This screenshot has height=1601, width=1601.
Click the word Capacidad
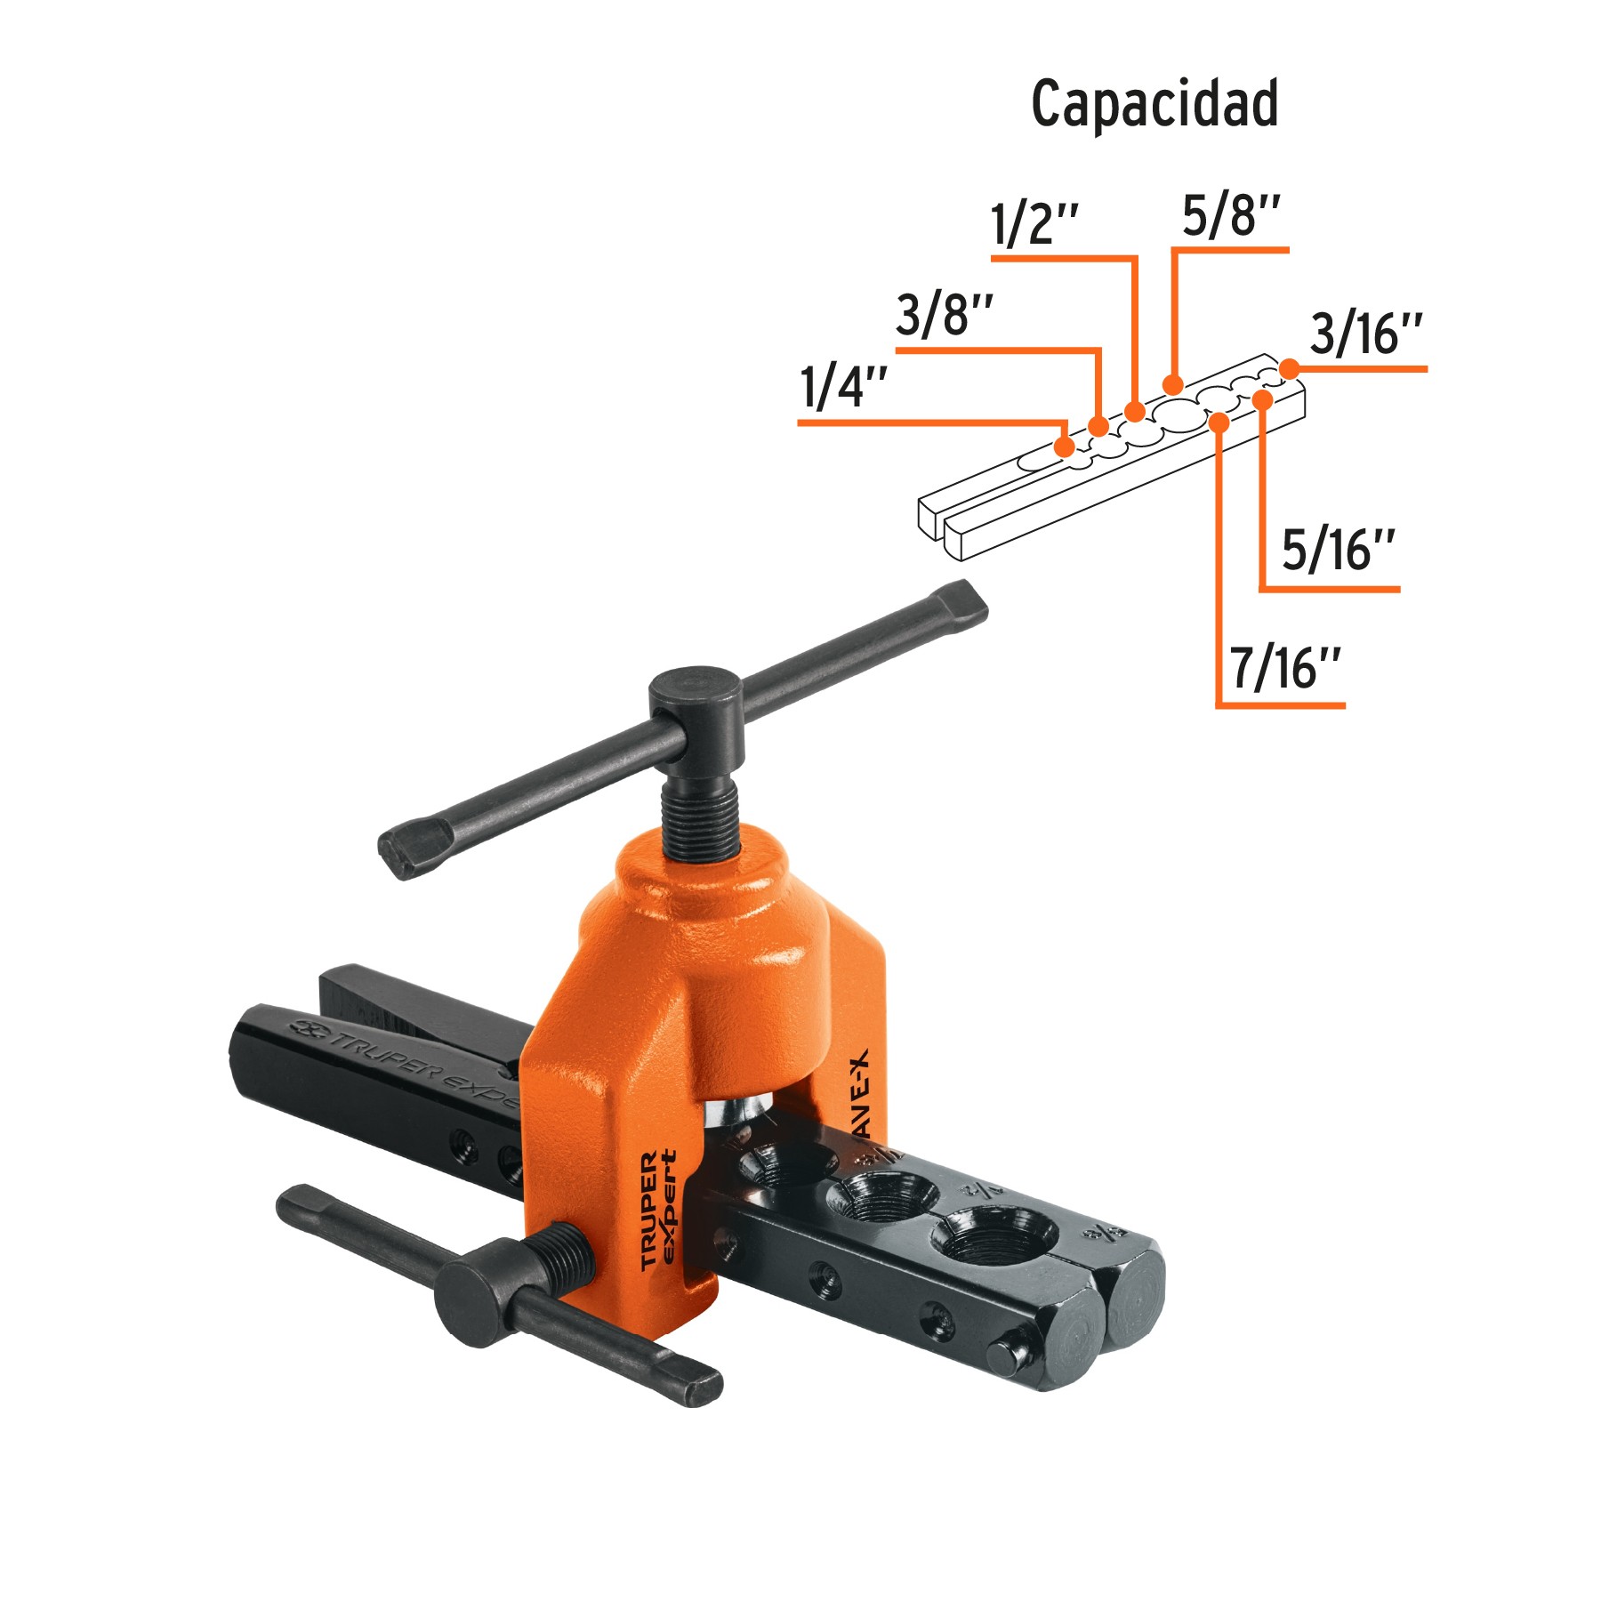click(x=1154, y=105)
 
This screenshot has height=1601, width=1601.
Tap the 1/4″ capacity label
click(x=843, y=388)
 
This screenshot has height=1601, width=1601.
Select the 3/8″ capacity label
click(x=944, y=315)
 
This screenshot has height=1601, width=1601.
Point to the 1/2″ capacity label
click(x=1034, y=223)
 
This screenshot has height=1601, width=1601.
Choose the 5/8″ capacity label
click(x=1231, y=216)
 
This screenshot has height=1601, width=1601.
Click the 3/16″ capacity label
click(x=1366, y=334)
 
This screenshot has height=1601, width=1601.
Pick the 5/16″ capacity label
click(x=1338, y=551)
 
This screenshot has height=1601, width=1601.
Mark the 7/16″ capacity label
click(x=1285, y=668)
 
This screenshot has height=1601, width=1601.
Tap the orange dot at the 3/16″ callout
click(x=1288, y=367)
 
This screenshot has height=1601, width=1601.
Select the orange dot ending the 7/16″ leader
click(x=1219, y=422)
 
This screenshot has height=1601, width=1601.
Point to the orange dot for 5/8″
click(x=1172, y=384)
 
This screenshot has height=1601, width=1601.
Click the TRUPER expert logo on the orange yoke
click(x=658, y=1210)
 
